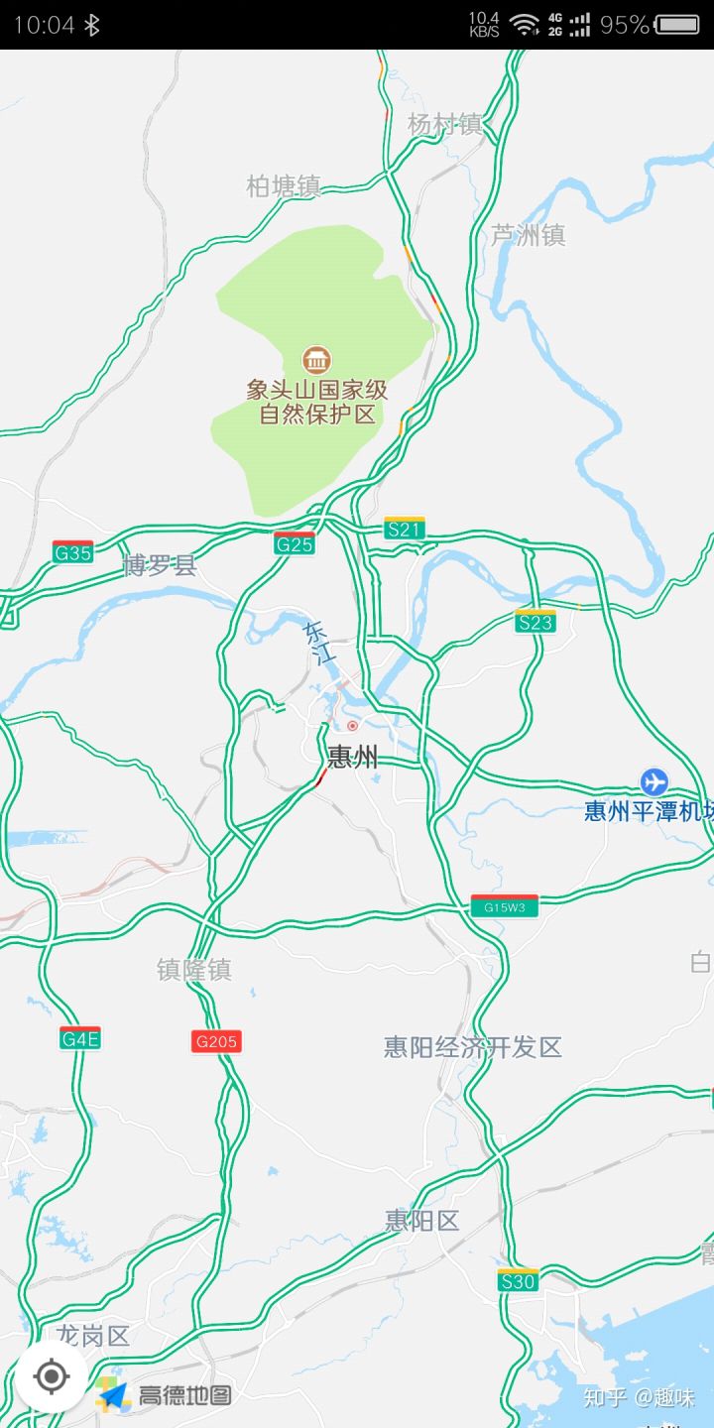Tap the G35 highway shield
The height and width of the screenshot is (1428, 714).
point(73,552)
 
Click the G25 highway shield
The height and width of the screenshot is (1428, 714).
point(295,543)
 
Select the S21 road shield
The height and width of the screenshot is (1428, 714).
point(405,529)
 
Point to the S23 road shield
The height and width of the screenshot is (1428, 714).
point(535,622)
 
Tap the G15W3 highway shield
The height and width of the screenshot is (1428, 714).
point(504,906)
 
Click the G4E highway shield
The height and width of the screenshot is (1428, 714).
point(80,1038)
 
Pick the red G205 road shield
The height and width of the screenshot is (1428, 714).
point(216,1041)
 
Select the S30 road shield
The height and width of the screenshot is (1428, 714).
point(518,1280)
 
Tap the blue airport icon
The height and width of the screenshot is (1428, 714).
point(654,781)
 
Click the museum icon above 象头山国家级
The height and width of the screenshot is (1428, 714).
point(316,359)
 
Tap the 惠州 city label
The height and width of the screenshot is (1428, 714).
point(353,759)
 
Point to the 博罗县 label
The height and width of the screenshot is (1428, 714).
point(160,566)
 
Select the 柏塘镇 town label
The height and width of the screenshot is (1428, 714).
point(284,185)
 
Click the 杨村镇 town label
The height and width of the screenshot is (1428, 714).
point(445,124)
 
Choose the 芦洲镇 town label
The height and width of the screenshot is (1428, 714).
point(529,235)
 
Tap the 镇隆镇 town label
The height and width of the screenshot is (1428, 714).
point(194,970)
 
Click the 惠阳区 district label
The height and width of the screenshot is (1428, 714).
point(422,1221)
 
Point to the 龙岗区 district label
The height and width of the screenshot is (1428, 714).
point(93,1336)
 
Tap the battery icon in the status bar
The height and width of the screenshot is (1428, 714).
point(677,25)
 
